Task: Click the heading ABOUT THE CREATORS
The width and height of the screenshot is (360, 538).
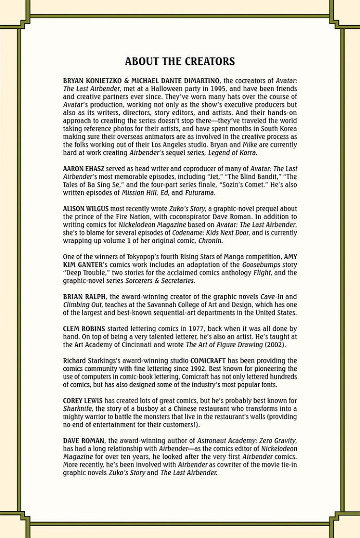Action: coord(180,62)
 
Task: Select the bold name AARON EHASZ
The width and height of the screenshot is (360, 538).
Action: coord(83,168)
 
